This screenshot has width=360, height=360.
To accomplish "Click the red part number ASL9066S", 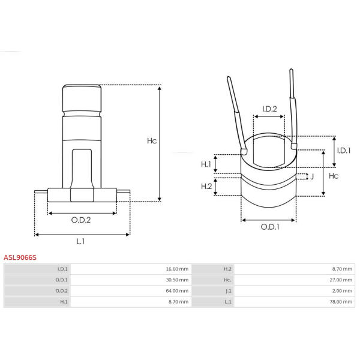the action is (20, 257).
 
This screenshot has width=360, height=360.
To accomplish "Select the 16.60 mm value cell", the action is (177, 269).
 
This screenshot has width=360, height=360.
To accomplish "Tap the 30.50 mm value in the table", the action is (177, 280).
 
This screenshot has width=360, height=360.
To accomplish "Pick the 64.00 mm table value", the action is (177, 291).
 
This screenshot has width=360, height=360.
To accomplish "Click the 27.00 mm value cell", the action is (341, 280).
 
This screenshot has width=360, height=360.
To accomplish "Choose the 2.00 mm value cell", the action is (342, 291).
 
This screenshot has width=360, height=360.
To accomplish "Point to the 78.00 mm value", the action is (341, 302).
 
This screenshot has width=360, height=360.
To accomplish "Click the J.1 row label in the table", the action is (228, 291).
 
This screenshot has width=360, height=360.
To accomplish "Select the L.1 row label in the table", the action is (228, 302).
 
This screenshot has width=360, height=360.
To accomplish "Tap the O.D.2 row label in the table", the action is (62, 291).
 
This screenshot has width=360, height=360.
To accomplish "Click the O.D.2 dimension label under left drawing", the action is (81, 220).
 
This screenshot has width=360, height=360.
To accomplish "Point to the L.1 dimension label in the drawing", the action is (80, 241).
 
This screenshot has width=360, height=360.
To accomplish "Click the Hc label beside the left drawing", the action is (152, 141).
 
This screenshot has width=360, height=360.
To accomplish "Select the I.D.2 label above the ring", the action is (269, 109).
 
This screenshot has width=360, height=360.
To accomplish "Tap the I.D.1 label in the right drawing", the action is (344, 151).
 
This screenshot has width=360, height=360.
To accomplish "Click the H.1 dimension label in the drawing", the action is (206, 164).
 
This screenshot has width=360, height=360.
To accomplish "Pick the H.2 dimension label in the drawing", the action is (206, 186).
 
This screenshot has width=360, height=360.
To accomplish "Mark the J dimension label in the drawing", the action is (312, 176).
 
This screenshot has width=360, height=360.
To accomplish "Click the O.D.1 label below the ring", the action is (270, 227).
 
